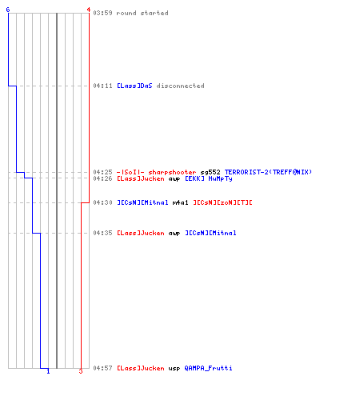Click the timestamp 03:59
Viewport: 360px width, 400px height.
click(102, 13)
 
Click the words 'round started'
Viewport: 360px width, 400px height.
click(142, 13)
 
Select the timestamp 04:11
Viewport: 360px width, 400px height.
click(102, 86)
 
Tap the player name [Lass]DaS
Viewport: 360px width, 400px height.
click(134, 86)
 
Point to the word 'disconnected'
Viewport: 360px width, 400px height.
click(181, 86)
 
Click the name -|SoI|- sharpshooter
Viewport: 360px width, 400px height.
click(156, 172)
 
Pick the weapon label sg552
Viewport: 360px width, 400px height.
click(210, 172)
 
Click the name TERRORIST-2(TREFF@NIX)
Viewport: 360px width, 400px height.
click(268, 172)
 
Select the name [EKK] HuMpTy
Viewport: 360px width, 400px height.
click(209, 178)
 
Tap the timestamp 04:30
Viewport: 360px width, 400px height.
click(102, 202)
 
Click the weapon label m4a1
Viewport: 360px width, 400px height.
click(180, 202)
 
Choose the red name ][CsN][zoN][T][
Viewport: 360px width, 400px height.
click(222, 202)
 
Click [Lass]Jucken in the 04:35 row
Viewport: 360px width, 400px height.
click(141, 233)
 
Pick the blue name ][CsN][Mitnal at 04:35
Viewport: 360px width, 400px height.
click(210, 233)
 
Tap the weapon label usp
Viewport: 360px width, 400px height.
click(174, 369)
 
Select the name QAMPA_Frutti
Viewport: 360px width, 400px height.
click(208, 368)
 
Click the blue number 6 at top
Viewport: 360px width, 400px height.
click(8, 10)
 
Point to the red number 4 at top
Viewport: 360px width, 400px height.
click(89, 10)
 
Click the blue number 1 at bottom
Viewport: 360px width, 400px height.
click(48, 371)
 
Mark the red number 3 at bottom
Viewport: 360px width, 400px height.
click(81, 371)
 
